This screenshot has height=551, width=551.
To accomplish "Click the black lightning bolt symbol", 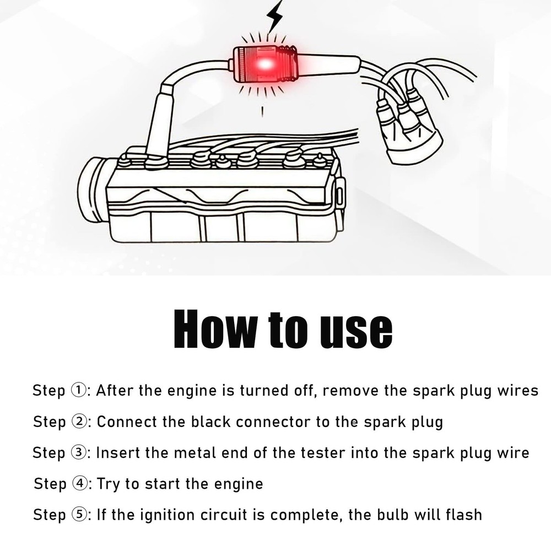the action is pos(274,16).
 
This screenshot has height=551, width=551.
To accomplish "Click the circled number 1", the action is pos(78,390).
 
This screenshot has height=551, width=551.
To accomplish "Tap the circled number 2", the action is pos(79,422).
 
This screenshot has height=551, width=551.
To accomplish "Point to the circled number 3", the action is pos(79,452).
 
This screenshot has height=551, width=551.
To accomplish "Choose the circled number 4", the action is pos(79,484).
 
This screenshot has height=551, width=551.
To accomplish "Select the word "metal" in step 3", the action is pos(195,452).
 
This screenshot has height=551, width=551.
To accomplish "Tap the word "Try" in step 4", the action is pos(108,484).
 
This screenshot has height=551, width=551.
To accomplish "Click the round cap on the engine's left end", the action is pos(92,191).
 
